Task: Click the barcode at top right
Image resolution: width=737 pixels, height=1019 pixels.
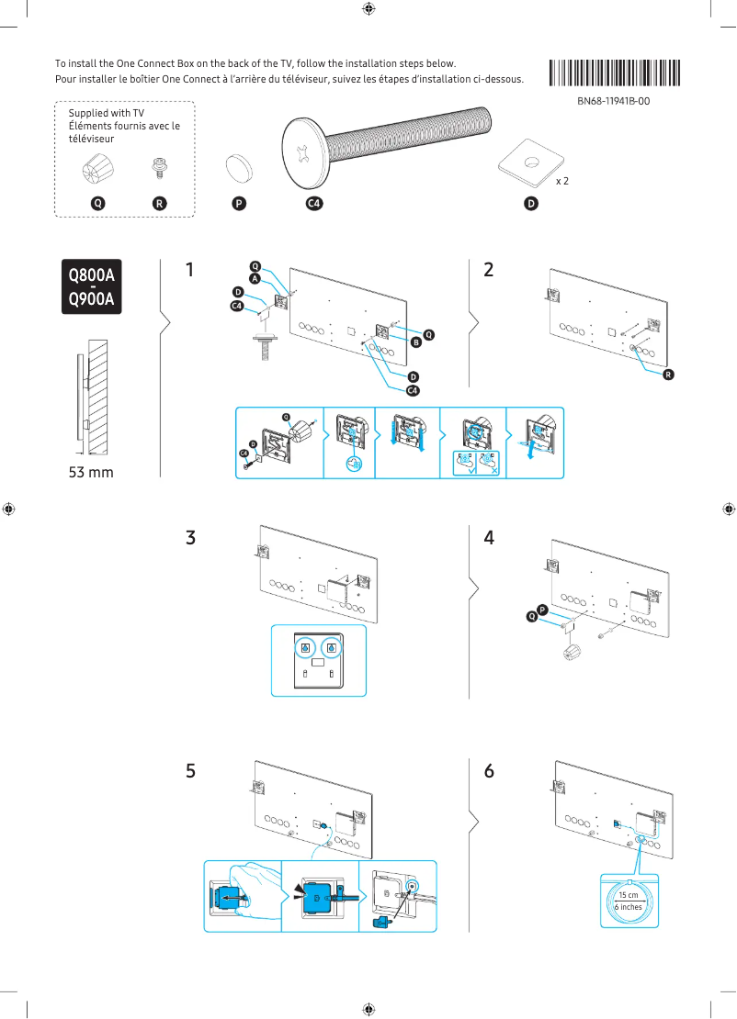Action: coord(615,73)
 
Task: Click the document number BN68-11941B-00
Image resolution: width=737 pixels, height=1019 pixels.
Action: coord(614,101)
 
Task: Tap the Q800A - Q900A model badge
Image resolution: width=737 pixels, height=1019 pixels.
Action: coord(92,286)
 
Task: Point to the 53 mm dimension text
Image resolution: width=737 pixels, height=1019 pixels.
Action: coord(92,473)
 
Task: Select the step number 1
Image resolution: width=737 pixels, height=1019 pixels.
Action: coord(189,271)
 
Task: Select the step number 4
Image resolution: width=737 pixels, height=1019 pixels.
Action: coord(489,538)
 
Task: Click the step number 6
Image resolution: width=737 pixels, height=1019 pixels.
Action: coord(489,771)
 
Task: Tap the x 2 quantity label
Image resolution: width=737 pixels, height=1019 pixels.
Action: coord(562,181)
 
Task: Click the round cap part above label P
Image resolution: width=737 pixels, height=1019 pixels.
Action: coord(241,168)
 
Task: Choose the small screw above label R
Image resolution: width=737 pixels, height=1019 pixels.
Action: coord(159,169)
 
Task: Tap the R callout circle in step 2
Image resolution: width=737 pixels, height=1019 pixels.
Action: coord(668,375)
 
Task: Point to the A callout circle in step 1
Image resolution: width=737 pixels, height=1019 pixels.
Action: coord(255,278)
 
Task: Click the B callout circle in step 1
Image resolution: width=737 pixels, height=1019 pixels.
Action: coord(415,342)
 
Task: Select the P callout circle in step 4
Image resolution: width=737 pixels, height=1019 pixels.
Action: coord(542,610)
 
